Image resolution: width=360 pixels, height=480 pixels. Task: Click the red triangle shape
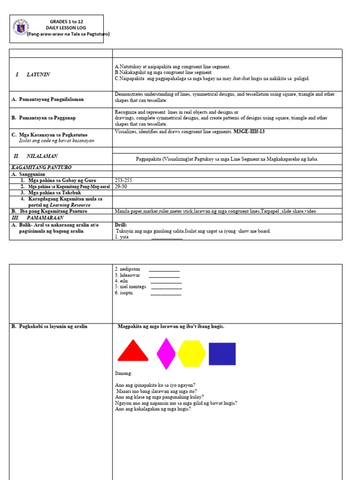pos(133,352)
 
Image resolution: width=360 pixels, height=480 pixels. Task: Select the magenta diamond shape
pos(166,353)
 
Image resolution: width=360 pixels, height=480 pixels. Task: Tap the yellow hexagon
pos(191,353)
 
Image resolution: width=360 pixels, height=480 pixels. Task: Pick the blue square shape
pos(222,354)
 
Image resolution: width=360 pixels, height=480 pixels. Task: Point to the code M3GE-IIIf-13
pos(249,132)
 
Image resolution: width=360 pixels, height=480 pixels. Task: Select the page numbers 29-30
pos(120,186)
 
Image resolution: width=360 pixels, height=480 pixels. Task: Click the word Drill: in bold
pos(121,225)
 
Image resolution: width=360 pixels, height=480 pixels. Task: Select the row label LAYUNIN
pos(38,75)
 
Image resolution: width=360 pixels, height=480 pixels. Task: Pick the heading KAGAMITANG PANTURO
pos(41,167)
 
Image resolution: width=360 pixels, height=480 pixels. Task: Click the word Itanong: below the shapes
pos(124,373)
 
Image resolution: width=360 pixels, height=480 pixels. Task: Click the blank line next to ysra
pos(167,237)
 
